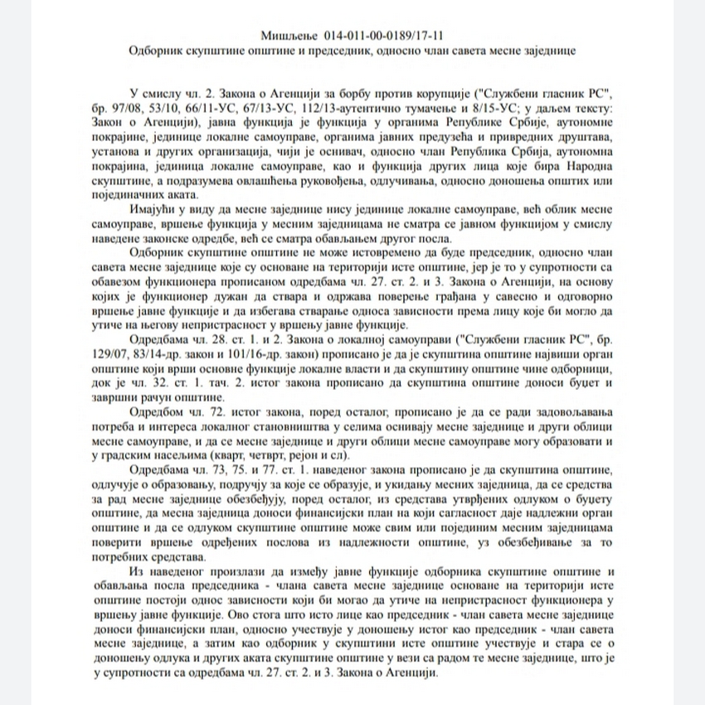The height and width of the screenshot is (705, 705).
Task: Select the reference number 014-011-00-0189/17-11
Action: coord(380,36)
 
